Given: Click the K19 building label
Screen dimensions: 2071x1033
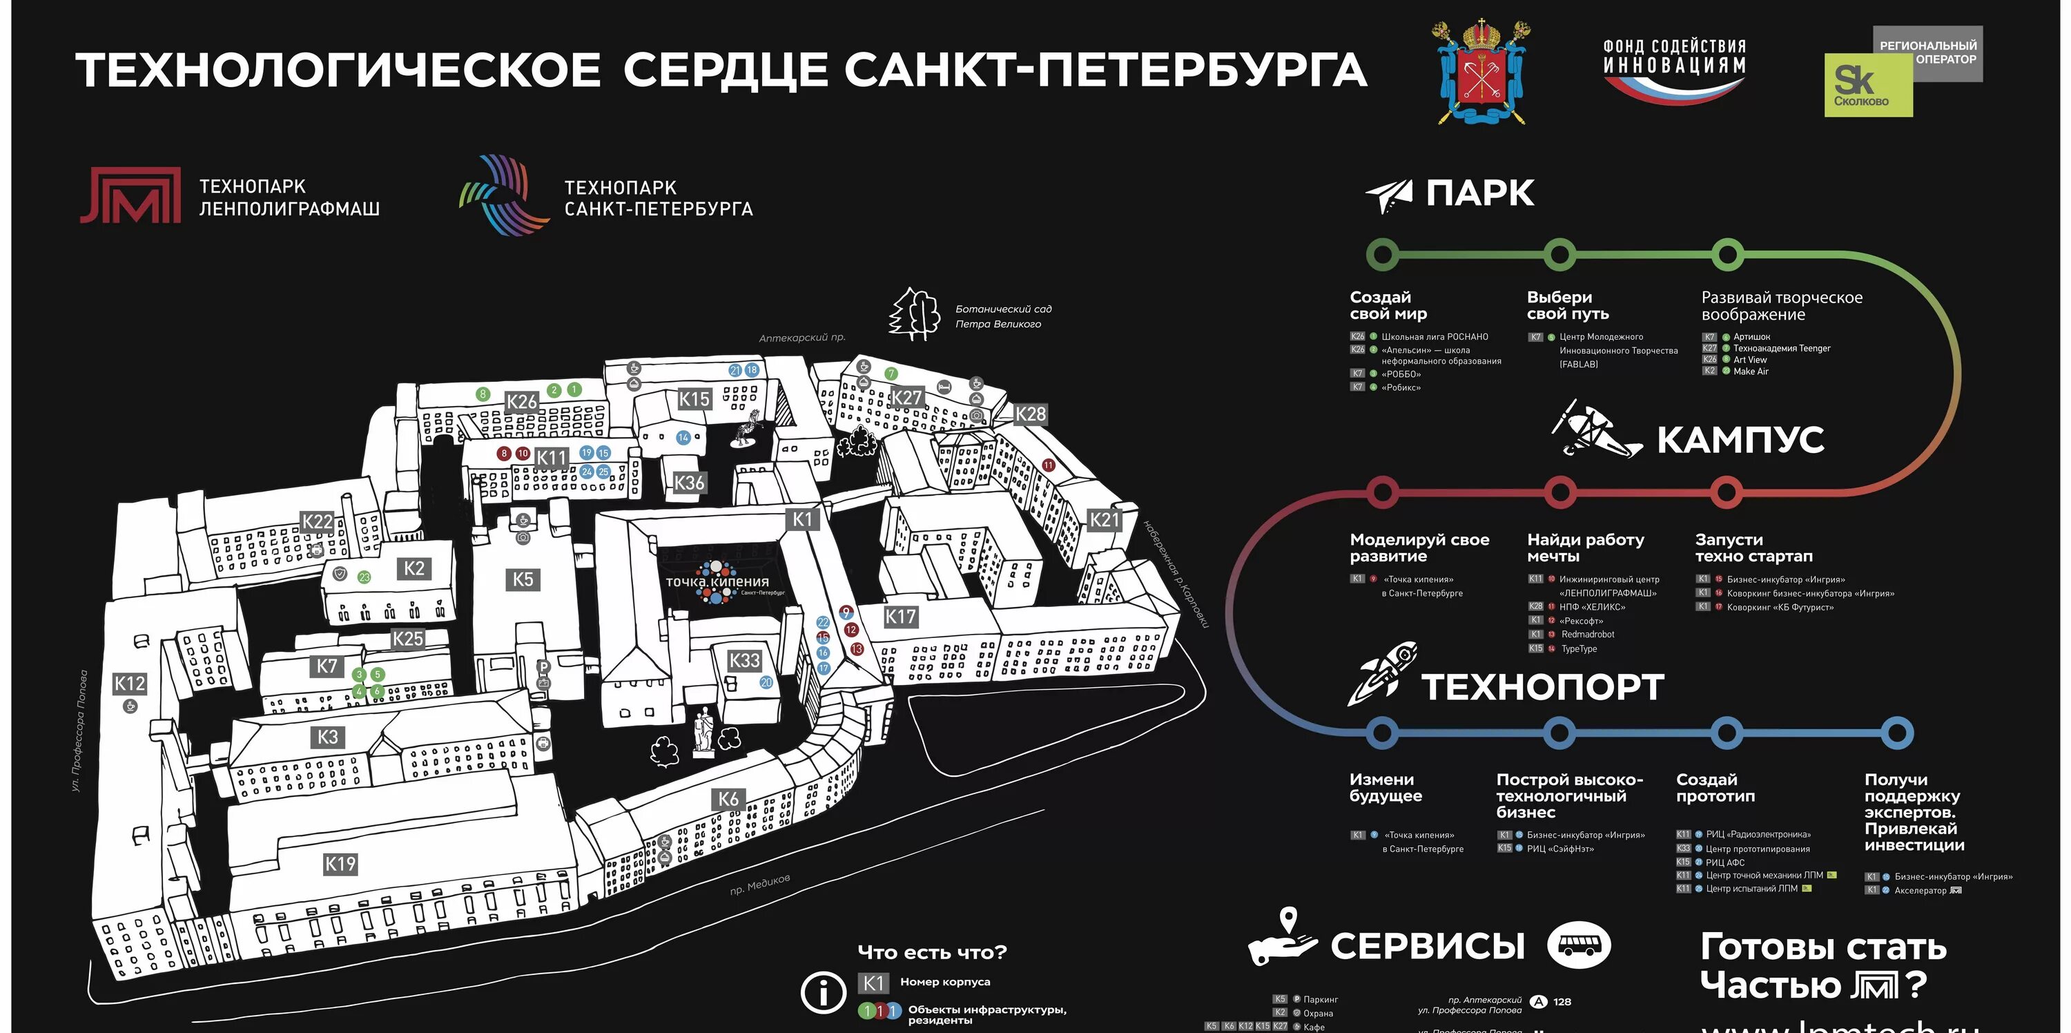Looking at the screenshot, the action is pyautogui.click(x=340, y=865).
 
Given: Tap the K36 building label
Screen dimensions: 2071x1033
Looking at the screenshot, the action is pyautogui.click(x=689, y=483).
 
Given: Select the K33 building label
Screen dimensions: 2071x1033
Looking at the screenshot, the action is pyautogui.click(x=744, y=661).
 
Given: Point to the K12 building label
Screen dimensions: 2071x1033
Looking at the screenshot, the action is pyautogui.click(x=130, y=684).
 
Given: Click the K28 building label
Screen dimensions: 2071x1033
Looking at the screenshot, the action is pyautogui.click(x=1031, y=414).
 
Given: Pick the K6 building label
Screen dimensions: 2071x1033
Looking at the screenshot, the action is pyautogui.click(x=728, y=799).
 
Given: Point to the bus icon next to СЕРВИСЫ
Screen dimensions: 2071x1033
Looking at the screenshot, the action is pyautogui.click(x=1579, y=945).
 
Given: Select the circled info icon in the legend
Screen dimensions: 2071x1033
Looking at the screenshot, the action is pyautogui.click(x=824, y=993).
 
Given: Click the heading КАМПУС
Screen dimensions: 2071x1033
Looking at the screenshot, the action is pyautogui.click(x=1740, y=440).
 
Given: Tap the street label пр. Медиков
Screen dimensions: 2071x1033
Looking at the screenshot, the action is pyautogui.click(x=760, y=885).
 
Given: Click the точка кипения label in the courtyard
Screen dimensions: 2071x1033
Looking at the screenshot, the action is pyautogui.click(x=717, y=581).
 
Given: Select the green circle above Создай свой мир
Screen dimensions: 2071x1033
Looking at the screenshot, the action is pyautogui.click(x=1382, y=255).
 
